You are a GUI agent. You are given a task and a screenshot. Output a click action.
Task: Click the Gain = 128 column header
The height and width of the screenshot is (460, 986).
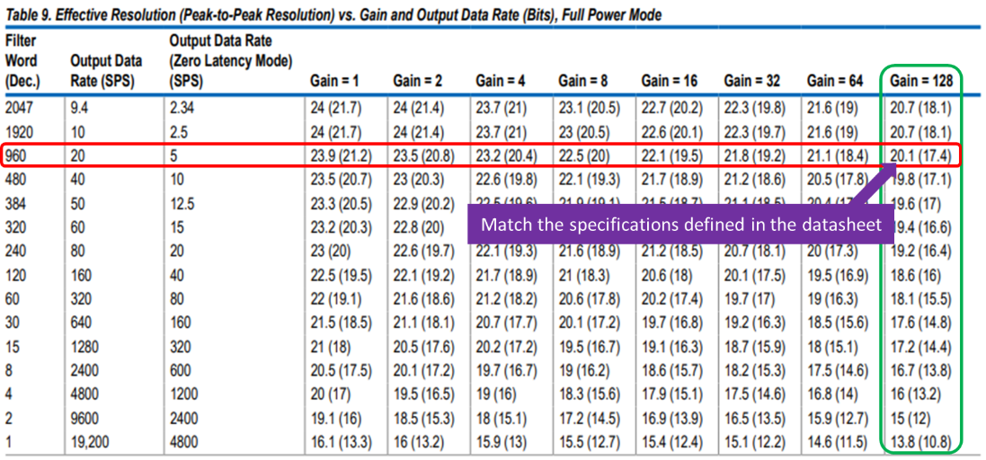tap(920, 81)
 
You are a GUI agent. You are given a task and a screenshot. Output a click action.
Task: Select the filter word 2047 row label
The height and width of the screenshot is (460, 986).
tap(18, 108)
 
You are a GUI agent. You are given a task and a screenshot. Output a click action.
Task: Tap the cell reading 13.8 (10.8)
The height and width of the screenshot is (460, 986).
tap(920, 442)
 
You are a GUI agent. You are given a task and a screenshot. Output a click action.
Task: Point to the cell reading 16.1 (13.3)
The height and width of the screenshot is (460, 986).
tap(342, 442)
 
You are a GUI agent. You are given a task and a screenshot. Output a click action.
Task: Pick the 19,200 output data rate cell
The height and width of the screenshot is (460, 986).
tap(93, 442)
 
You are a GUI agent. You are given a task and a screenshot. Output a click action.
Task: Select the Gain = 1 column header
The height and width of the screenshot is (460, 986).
tap(334, 81)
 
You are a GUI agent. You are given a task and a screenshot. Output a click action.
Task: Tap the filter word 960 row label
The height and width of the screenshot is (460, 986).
tap(15, 155)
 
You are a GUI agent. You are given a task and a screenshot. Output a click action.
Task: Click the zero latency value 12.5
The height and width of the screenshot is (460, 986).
tap(182, 204)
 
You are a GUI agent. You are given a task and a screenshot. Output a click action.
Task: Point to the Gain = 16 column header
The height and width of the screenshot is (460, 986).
tap(669, 81)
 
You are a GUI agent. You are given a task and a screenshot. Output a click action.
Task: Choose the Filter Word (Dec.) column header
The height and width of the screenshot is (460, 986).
tap(22, 61)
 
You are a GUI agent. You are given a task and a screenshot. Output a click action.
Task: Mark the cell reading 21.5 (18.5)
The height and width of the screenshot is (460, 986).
tap(342, 347)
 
